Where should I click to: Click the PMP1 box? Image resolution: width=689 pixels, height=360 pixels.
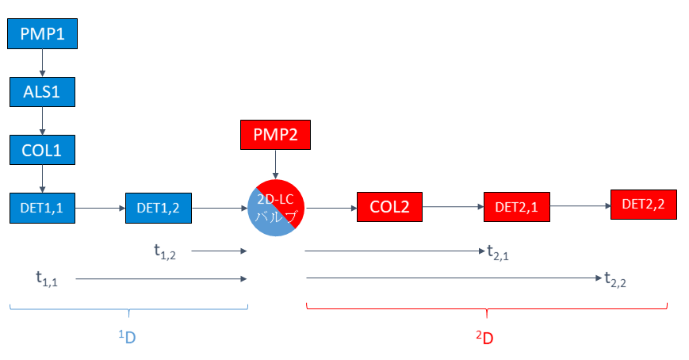pyautogui.click(x=42, y=34)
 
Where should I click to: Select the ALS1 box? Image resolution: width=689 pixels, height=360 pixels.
pyautogui.click(x=42, y=91)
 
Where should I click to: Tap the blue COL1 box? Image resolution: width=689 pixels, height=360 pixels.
pyautogui.click(x=42, y=149)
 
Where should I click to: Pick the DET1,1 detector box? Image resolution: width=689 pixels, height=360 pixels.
pyautogui.click(x=42, y=208)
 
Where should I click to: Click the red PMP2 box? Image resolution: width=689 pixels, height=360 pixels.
pyautogui.click(x=275, y=135)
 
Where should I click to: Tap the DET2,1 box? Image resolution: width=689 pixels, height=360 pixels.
pyautogui.click(x=516, y=208)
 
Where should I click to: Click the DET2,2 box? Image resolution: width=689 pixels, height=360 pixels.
pyautogui.click(x=643, y=204)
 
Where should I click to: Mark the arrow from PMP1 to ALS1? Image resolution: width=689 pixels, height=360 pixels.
pyautogui.click(x=42, y=63)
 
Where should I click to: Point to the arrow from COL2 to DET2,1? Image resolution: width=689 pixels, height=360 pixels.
pyautogui.click(x=453, y=208)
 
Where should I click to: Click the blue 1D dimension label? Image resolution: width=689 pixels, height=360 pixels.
pyautogui.click(x=128, y=337)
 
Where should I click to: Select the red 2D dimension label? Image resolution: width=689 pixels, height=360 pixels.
pyautogui.click(x=484, y=338)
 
